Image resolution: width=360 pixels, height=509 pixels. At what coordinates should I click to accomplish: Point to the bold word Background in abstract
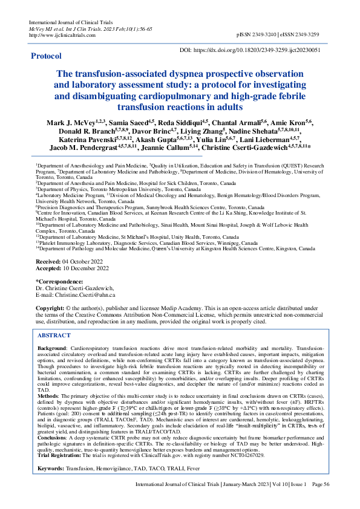click(x=52, y=349)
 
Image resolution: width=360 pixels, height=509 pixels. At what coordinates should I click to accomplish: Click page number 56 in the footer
click(x=326, y=501)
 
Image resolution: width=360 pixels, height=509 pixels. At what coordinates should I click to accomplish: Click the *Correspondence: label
click(x=60, y=280)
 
